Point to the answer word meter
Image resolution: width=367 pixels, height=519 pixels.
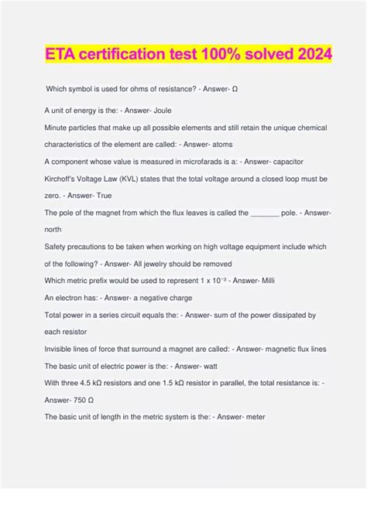click(252, 418)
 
